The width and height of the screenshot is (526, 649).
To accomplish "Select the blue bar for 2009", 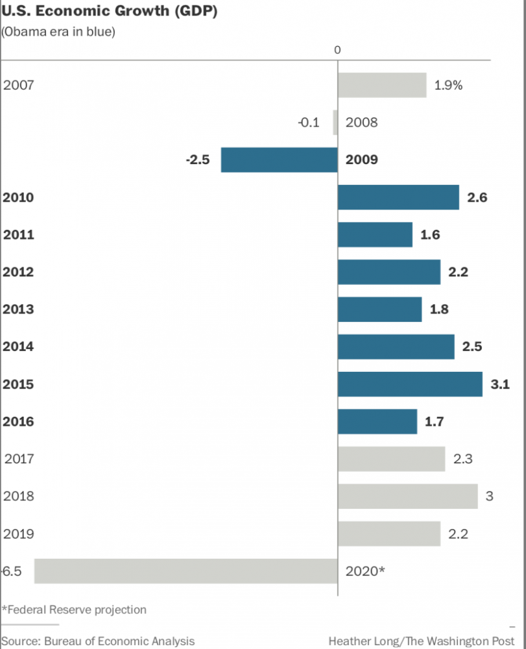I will click(x=279, y=160).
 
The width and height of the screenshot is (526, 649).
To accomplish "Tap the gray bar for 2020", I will click(x=185, y=571).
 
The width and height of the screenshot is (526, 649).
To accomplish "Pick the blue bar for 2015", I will click(x=410, y=384).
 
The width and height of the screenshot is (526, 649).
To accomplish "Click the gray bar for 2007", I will click(x=382, y=85).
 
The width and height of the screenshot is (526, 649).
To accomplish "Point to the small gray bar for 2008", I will click(x=335, y=122).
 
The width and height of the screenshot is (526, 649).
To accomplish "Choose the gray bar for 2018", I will click(x=407, y=496).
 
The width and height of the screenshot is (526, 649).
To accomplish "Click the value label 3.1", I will click(x=499, y=384).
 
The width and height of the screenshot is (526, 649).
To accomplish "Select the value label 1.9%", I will click(x=448, y=85).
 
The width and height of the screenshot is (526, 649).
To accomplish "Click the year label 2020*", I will click(x=365, y=571).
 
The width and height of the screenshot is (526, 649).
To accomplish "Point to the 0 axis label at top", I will click(x=337, y=50).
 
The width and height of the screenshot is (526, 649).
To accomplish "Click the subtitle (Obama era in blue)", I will click(x=58, y=32).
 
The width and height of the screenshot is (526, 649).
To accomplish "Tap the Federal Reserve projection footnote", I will click(x=74, y=609).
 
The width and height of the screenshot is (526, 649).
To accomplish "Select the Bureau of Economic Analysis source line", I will click(x=98, y=641).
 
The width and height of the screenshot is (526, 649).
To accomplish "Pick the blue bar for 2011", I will click(x=375, y=234).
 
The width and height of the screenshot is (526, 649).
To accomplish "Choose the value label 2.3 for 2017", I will click(x=462, y=459).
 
